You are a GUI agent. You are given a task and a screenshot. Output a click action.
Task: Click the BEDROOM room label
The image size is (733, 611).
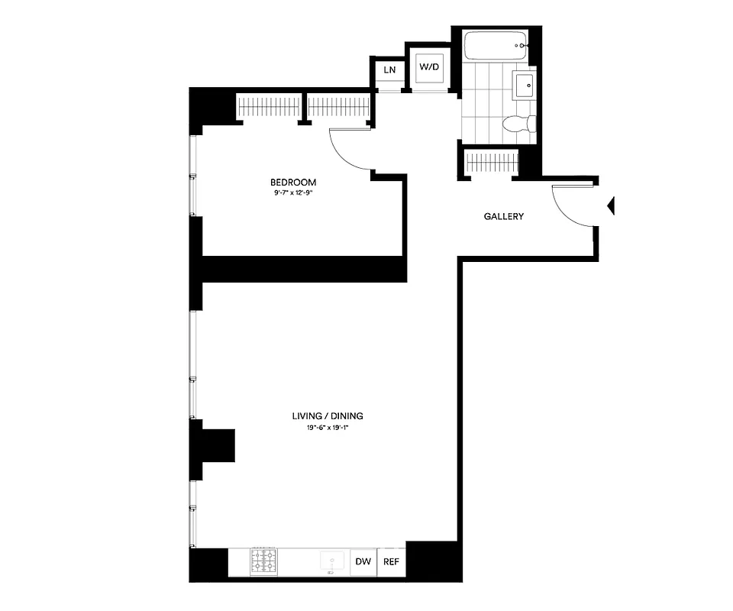292,183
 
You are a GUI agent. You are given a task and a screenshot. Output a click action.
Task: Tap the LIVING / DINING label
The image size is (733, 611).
327,416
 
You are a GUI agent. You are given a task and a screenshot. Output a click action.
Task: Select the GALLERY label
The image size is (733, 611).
504,216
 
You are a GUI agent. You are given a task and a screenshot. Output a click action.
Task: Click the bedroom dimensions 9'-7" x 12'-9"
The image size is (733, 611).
293,193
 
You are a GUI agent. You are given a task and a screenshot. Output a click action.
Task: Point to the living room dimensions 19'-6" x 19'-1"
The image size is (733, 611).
326,428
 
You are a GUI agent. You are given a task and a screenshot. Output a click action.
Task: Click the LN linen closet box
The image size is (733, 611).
389,70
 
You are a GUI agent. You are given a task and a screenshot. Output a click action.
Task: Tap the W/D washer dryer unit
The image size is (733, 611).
428,67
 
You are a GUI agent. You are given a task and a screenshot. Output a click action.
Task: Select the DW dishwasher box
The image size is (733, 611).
363,562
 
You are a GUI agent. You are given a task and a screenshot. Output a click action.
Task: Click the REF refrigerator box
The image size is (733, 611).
391,562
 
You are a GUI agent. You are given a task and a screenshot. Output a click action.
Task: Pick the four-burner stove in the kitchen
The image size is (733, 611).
263,562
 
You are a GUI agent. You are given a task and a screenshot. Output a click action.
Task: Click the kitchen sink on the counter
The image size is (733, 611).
332,562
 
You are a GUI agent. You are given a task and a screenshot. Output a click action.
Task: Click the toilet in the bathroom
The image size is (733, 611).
521,123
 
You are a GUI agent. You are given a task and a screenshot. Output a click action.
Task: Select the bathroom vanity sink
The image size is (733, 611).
525,86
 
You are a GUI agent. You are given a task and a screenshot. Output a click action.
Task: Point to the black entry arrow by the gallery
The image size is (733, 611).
610,205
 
